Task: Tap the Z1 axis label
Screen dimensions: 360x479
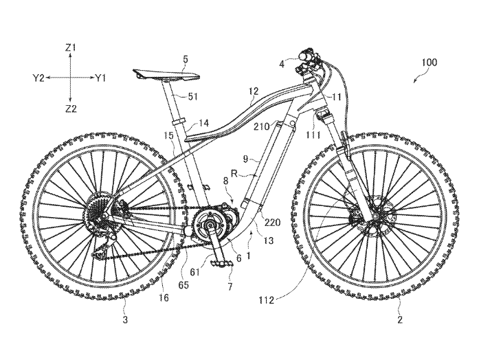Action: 71,47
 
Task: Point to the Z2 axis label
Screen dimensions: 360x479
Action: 71,109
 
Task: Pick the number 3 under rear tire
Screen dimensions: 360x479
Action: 126,319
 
